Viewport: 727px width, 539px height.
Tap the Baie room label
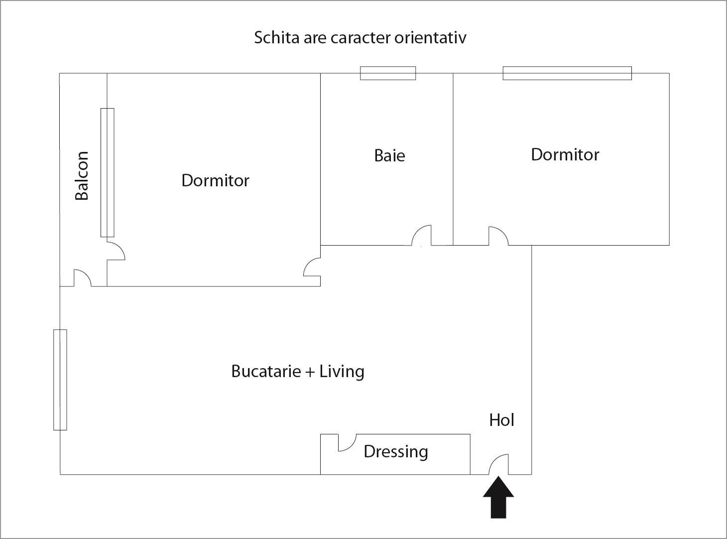click(389, 155)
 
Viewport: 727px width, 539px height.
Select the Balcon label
click(82, 176)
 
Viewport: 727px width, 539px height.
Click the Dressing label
click(396, 451)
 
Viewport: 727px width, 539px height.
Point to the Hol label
click(501, 420)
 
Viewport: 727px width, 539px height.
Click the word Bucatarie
click(266, 371)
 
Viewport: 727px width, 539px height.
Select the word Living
click(342, 371)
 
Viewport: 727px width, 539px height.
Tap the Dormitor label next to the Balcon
click(215, 180)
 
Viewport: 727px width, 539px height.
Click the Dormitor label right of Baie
click(565, 154)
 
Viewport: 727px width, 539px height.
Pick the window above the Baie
click(388, 73)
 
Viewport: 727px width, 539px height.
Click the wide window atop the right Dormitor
click(567, 73)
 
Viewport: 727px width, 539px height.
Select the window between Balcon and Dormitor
click(107, 172)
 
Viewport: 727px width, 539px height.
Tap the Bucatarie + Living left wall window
click(60, 380)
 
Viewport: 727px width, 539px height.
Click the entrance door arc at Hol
click(499, 464)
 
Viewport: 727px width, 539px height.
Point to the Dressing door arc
click(347, 442)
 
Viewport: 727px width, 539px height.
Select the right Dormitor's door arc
click(498, 236)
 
